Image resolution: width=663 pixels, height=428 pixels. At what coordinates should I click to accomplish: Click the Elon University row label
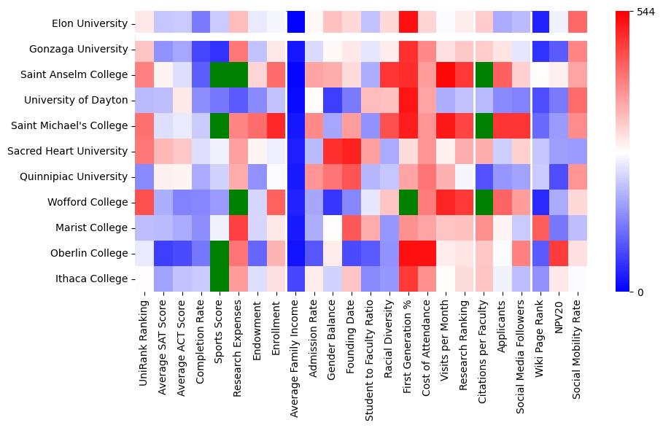click(x=91, y=23)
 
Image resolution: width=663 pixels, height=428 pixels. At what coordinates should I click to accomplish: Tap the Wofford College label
click(x=93, y=202)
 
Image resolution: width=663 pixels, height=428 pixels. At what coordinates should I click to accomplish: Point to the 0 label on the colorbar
click(x=640, y=292)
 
